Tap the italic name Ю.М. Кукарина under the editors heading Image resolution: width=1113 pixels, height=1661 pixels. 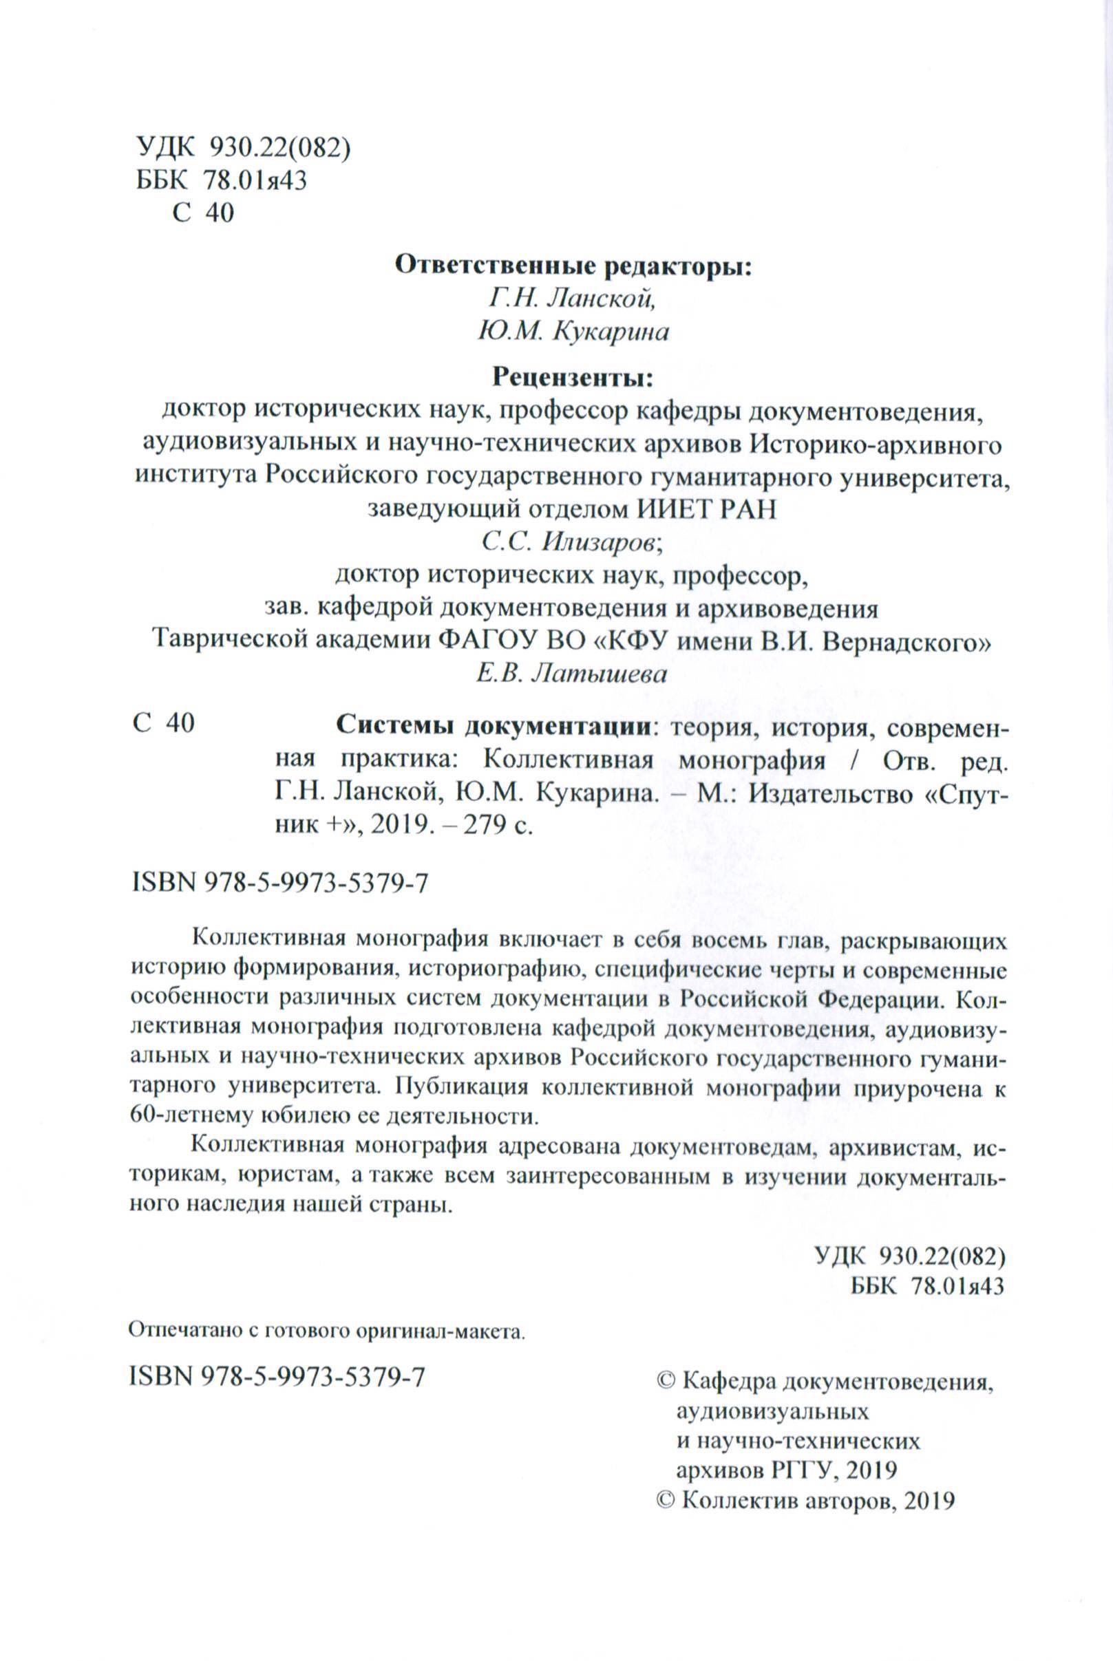573,332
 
